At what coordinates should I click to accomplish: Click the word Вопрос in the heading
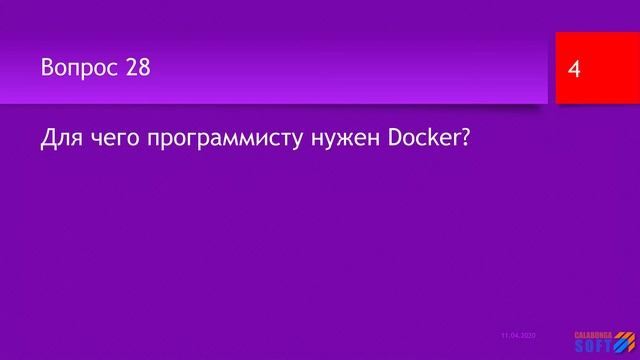tap(81, 68)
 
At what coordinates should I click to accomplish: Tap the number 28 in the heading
tap(139, 68)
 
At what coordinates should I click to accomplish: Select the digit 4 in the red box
tap(574, 69)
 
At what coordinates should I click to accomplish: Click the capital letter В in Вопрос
tap(48, 68)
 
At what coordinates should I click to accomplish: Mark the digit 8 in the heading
tap(145, 68)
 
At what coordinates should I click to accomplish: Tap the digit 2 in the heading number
tap(133, 68)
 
